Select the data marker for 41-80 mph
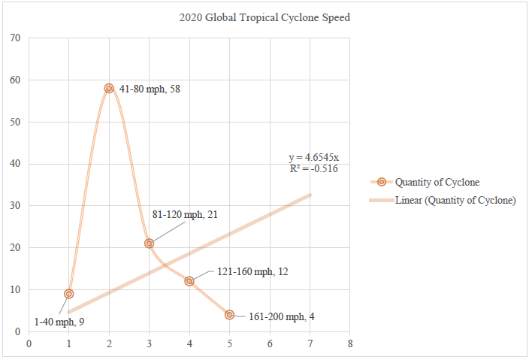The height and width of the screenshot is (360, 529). pos(109,88)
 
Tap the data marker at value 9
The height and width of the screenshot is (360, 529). pos(69,294)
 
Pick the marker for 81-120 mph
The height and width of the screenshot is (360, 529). pos(149,244)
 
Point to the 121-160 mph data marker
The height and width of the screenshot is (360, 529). pos(189,281)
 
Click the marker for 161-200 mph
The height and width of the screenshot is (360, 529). pos(229,315)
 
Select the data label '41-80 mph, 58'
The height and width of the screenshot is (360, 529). pos(150,89)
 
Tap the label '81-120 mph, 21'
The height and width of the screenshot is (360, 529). pos(185,215)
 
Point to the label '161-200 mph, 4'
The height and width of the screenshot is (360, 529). pos(281,316)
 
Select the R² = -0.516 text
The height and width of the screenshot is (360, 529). pos(313,168)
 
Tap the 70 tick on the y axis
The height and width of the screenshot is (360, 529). pos(14,38)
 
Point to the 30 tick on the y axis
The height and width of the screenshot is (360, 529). pos(14,206)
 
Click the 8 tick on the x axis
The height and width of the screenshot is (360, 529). pos(350,344)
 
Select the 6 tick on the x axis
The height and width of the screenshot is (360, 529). pos(270,344)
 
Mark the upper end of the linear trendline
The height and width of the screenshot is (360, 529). pos(310,195)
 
